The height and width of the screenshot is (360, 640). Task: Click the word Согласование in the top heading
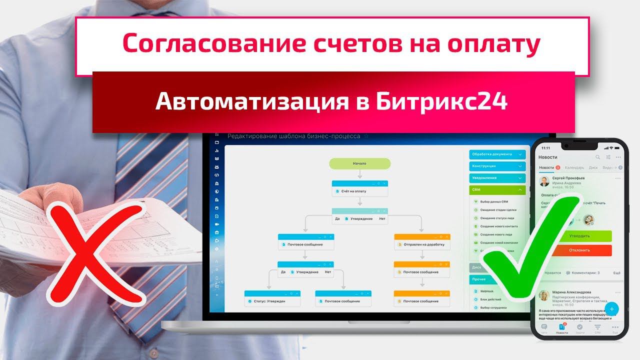(x=200, y=44)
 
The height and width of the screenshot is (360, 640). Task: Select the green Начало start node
(x=359, y=163)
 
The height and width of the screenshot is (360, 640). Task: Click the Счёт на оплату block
(x=359, y=191)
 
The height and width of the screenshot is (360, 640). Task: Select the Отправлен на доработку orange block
(x=423, y=244)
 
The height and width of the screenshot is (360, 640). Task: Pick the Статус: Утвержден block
(x=272, y=301)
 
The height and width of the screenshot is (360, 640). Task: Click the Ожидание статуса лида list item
(x=497, y=218)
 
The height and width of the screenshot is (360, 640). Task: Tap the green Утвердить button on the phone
(x=579, y=236)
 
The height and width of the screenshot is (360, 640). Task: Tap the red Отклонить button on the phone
(x=579, y=250)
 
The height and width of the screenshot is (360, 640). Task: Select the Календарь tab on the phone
(x=574, y=167)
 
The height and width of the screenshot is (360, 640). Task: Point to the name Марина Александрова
(x=571, y=292)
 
